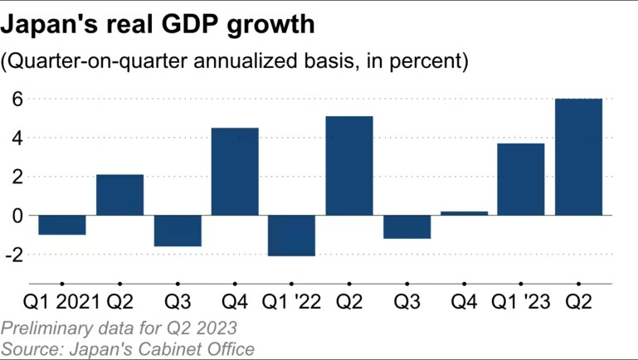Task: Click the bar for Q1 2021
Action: [x=62, y=225]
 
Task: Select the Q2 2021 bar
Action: [x=119, y=195]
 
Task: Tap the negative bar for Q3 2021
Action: [x=178, y=231]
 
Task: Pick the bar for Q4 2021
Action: [x=235, y=172]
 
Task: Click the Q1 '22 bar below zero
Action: [x=292, y=236]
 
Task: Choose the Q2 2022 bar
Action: [x=349, y=166]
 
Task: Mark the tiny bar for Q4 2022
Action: [x=464, y=213]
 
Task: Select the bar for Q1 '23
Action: [x=521, y=179]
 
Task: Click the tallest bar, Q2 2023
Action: [x=578, y=157]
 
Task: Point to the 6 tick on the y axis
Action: [x=17, y=100]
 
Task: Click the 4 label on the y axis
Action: [x=17, y=138]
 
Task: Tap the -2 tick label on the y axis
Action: [x=13, y=255]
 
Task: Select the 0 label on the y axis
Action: [x=17, y=216]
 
